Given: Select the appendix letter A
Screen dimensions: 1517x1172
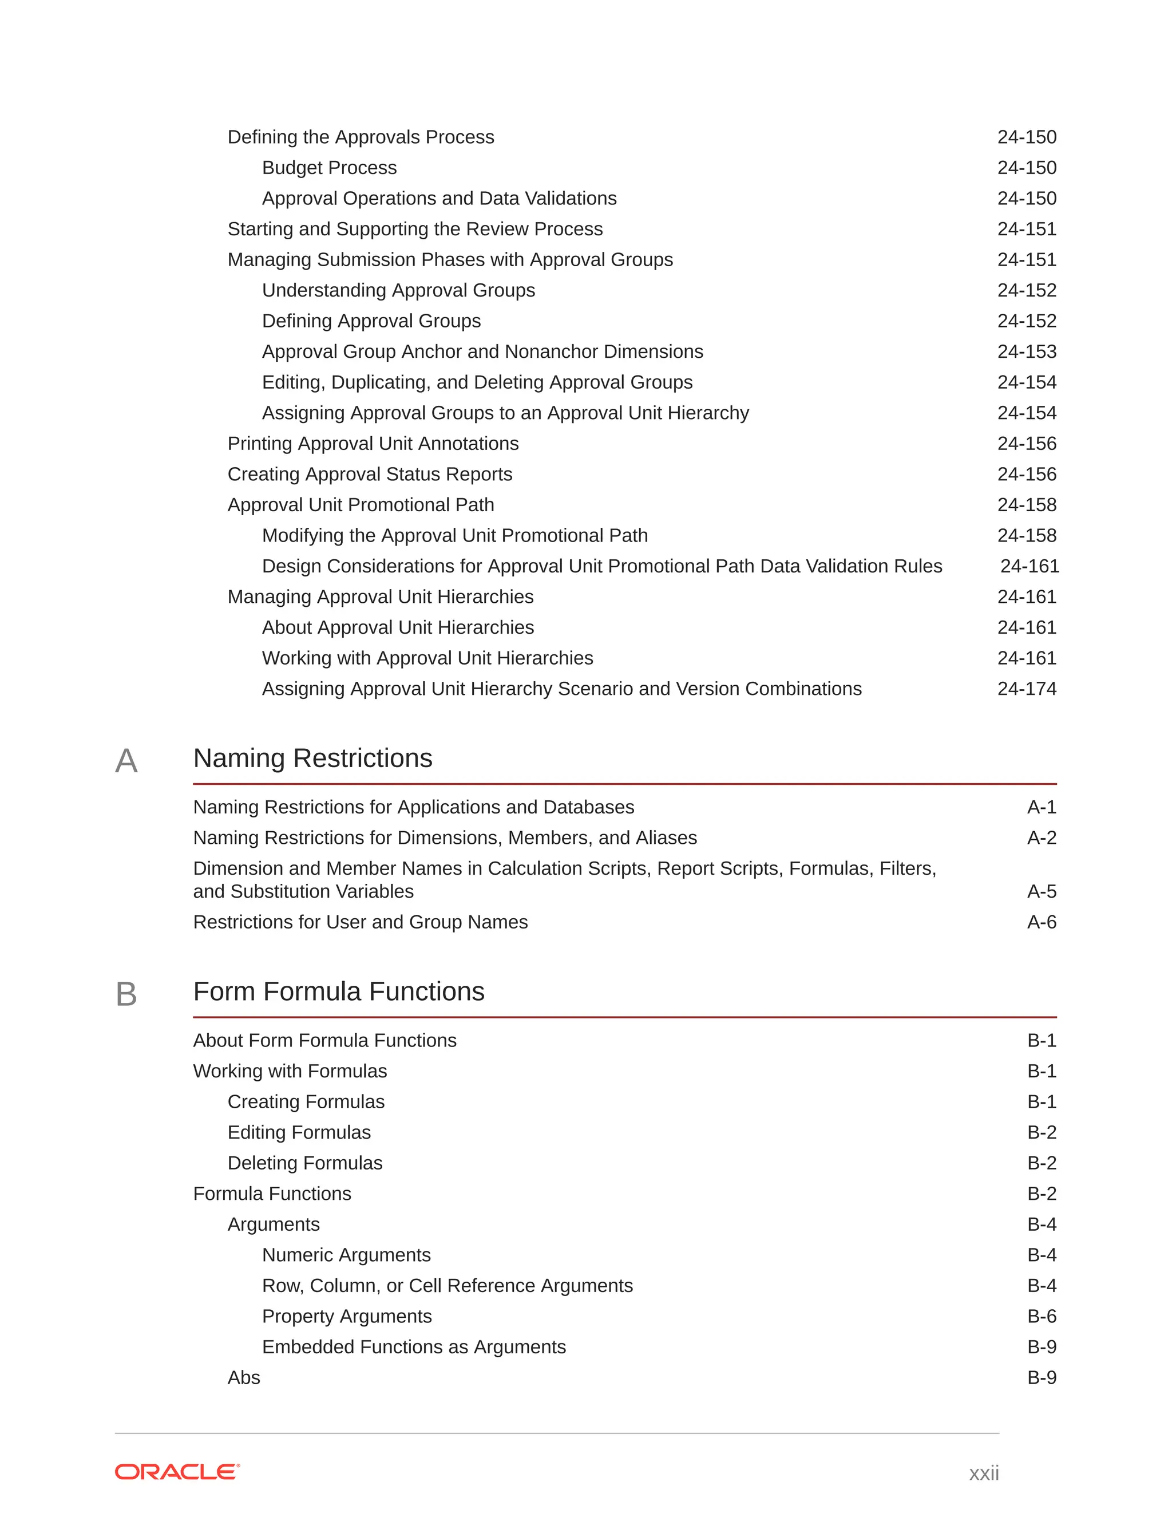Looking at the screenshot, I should point(126,761).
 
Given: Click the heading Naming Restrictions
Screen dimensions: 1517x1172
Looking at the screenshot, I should point(312,758).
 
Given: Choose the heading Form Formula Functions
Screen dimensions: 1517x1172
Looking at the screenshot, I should point(339,991).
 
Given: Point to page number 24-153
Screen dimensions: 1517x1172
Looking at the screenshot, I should point(1026,351).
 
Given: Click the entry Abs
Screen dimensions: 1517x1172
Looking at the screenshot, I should point(244,1377).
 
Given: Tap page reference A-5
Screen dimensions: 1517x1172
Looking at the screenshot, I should point(1042,891).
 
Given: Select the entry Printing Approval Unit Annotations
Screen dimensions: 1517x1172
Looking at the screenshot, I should point(373,443).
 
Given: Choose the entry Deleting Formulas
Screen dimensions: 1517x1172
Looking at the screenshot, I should point(305,1163).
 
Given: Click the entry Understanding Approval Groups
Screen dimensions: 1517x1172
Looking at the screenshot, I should point(398,290).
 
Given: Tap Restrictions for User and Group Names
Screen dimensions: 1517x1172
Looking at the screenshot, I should point(361,922).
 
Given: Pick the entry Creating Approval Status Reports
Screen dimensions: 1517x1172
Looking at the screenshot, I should point(369,474).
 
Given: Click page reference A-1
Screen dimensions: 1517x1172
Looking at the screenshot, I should point(1042,807).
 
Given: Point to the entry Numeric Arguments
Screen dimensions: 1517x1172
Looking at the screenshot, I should point(346,1255).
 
